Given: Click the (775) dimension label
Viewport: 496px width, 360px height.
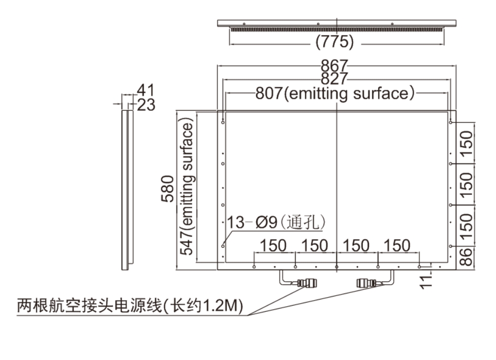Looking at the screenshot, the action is click(x=335, y=42).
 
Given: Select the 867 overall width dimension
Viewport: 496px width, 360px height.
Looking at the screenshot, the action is click(x=334, y=66).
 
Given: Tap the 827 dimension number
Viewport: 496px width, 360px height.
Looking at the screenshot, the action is click(x=334, y=78).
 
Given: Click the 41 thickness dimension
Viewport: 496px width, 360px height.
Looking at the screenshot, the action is click(x=145, y=90).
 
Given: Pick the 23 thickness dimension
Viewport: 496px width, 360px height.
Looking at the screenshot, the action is click(x=146, y=105).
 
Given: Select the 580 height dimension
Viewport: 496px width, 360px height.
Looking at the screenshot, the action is click(x=167, y=189).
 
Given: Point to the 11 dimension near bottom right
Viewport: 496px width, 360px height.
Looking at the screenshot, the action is click(x=426, y=281).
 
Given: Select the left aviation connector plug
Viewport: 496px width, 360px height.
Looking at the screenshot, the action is click(x=307, y=283).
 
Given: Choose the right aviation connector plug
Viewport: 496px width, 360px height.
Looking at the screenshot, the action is click(x=367, y=283).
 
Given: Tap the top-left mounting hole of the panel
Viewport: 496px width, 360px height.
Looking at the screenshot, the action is click(x=223, y=122).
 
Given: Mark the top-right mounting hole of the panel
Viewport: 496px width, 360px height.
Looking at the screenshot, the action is click(x=450, y=122).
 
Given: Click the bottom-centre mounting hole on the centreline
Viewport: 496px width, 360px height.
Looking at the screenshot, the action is click(x=336, y=267).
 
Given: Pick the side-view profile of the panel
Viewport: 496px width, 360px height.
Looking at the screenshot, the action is click(x=128, y=190).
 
